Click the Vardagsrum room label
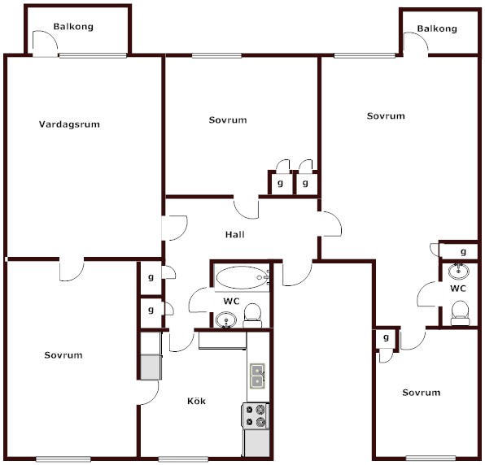coord(69,124)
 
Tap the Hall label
coord(234,234)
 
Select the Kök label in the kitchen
coord(196,401)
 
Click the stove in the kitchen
coord(256,416)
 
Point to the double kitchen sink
coord(257,376)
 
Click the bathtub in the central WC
coord(242,277)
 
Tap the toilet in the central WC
coord(252,315)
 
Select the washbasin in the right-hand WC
coord(458,271)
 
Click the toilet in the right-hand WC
coord(460,313)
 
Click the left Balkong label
coord(73,27)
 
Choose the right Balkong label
coord(437,28)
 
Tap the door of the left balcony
coord(45,44)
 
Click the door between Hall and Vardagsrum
coord(175,228)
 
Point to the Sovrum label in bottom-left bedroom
coord(63,355)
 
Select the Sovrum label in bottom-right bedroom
coord(422,393)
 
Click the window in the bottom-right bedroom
coord(430,458)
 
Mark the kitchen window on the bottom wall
coord(183,459)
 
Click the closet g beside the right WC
coord(463,252)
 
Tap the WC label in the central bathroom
coord(231,301)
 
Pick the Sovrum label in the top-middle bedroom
coord(228,120)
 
